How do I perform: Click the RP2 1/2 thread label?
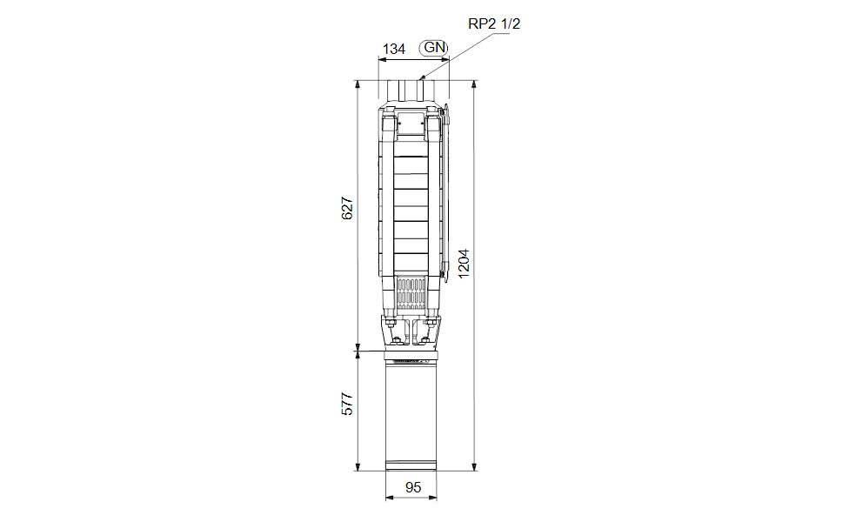[494, 23]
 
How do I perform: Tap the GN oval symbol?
[434, 47]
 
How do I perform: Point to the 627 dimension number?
[347, 209]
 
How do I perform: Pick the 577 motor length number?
[347, 405]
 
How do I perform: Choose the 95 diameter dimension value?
[413, 488]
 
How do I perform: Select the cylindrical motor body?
[413, 409]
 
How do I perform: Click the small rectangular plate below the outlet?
[412, 127]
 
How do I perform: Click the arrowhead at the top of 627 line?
[357, 85]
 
